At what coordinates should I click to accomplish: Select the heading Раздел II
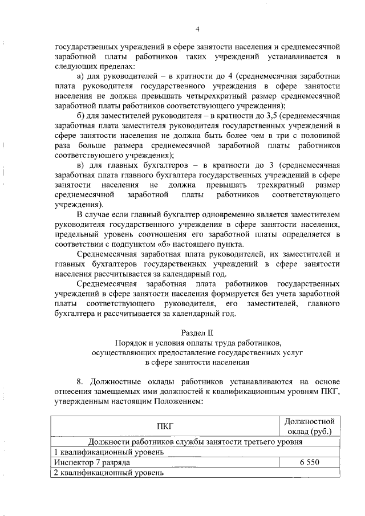(x=197, y=332)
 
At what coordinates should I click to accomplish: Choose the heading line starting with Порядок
(x=197, y=343)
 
